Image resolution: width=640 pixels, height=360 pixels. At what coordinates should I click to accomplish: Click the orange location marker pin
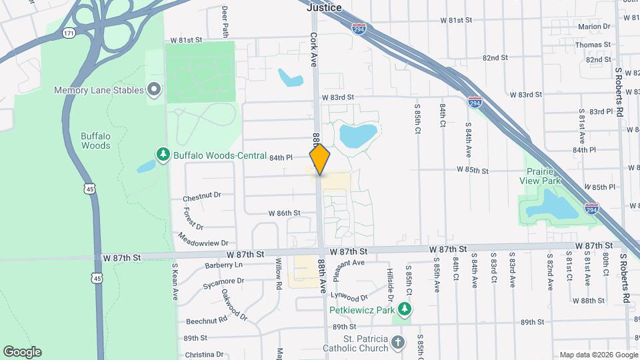pos(320,159)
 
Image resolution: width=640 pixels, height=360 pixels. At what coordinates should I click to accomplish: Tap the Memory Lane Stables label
pos(99,90)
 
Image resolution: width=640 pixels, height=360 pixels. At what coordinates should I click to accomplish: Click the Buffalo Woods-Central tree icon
pos(163,155)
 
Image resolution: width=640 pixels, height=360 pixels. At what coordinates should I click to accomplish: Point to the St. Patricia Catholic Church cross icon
pos(398,343)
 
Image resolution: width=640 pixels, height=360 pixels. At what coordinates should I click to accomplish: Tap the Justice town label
pos(324,7)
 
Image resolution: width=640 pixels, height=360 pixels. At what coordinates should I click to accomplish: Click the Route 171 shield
pos(69,32)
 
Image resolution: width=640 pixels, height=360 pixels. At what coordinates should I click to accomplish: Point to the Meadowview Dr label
pos(204,239)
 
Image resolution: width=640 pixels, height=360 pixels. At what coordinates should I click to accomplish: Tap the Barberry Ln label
pos(223,265)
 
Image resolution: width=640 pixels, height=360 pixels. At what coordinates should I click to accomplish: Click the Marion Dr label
pos(594,27)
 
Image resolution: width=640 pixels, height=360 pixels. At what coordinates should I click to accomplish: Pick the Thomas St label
pos(593,45)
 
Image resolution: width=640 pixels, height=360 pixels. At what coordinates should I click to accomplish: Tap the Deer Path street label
pos(225,22)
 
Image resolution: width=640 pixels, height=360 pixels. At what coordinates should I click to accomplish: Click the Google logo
pos(22,351)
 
